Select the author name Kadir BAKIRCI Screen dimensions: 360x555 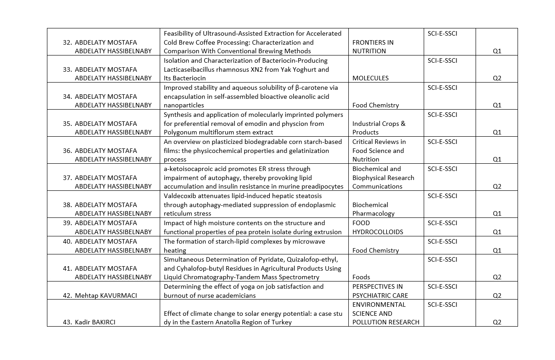(95, 322)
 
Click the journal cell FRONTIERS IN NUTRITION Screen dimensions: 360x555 (373, 46)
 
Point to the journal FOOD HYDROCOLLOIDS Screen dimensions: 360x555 (378, 227)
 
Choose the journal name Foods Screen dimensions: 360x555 (361, 277)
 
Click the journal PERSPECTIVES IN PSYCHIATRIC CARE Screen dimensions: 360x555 (380, 291)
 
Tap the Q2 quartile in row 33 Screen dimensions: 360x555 (497, 78)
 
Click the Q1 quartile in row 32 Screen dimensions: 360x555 (497, 51)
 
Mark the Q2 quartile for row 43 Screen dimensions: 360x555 (497, 322)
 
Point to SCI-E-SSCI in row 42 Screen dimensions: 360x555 (442, 286)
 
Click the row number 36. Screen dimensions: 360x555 (67, 151)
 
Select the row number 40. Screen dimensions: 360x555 (67, 241)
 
